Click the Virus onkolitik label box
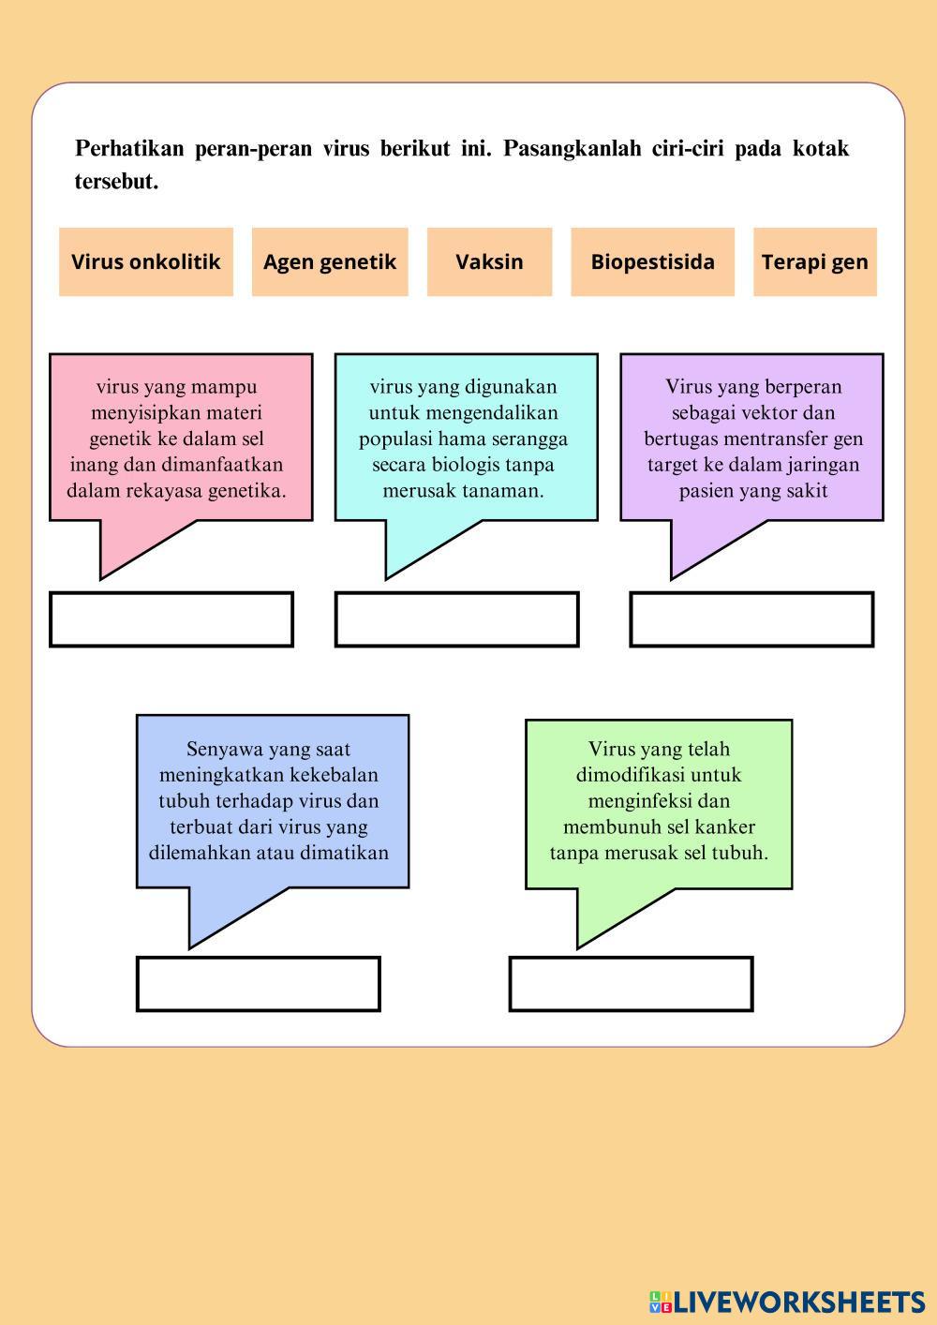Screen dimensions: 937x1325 (146, 261)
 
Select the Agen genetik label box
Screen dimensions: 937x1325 (330, 261)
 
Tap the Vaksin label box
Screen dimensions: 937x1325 (490, 261)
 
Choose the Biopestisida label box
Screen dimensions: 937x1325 (652, 261)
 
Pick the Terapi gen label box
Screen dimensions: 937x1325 (815, 261)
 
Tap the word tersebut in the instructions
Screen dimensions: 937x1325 (116, 182)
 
